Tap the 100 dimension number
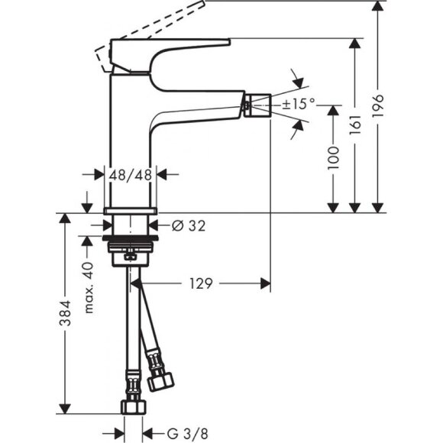(x=352, y=159)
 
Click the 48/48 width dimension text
(x=131, y=174)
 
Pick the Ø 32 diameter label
(x=186, y=225)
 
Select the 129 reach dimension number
(x=202, y=283)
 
